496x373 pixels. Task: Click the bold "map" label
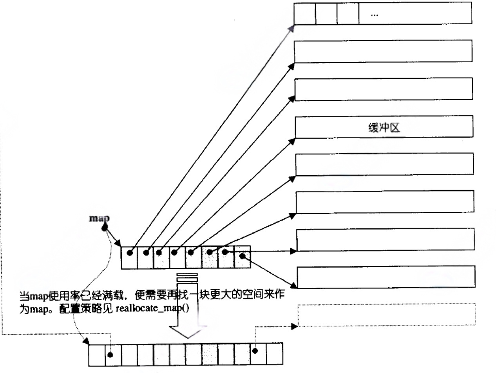(x=99, y=218)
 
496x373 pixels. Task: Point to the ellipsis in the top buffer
(x=374, y=15)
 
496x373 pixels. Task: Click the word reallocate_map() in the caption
(x=152, y=308)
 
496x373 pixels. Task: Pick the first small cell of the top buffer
(x=304, y=14)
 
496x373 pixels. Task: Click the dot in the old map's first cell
(x=130, y=253)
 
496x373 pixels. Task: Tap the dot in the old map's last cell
(x=242, y=256)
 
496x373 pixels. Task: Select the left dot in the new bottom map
(x=110, y=355)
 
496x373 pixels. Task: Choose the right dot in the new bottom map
(x=255, y=351)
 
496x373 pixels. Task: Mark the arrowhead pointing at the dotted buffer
(x=294, y=326)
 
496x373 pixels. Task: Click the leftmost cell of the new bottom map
(x=97, y=355)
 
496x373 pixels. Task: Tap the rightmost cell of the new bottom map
(x=275, y=354)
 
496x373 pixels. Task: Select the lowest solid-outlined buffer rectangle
(x=386, y=277)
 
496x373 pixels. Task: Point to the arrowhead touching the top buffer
(x=292, y=27)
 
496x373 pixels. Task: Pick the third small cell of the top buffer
(x=348, y=14)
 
